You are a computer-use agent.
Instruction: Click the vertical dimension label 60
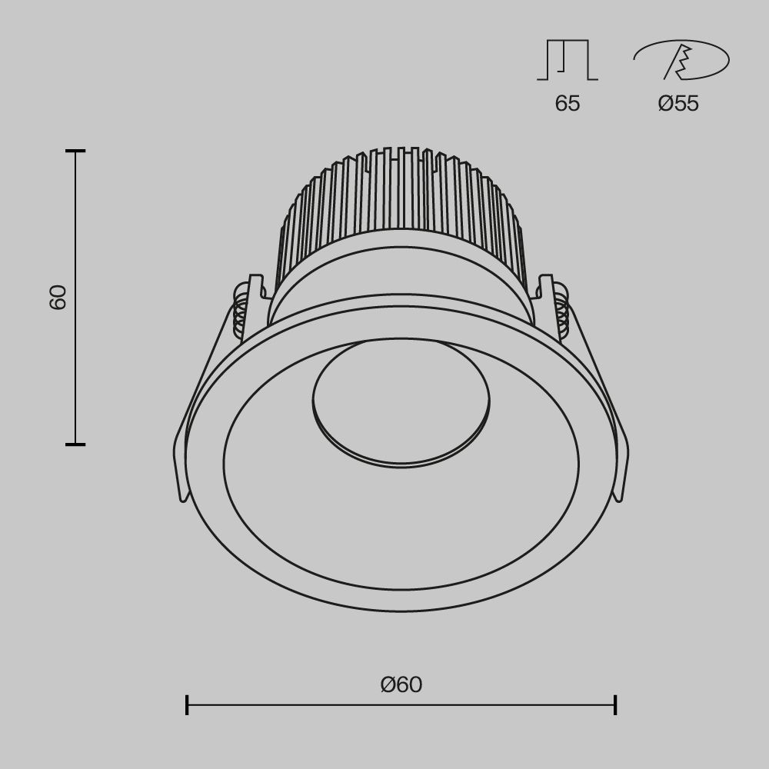pyautogui.click(x=58, y=297)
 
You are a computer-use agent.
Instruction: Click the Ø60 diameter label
pyautogui.click(x=401, y=684)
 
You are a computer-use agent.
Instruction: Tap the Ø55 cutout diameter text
pyautogui.click(x=678, y=104)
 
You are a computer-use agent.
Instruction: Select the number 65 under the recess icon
pyautogui.click(x=568, y=104)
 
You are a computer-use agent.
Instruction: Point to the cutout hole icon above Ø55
pyautogui.click(x=681, y=60)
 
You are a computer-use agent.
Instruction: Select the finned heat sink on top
pyautogui.click(x=400, y=200)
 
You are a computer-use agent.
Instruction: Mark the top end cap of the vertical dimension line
pyautogui.click(x=75, y=151)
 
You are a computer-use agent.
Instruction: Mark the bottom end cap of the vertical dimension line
pyautogui.click(x=75, y=444)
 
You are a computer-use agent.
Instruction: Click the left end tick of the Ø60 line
pyautogui.click(x=187, y=704)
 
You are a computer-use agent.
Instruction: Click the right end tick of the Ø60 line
pyautogui.click(x=615, y=704)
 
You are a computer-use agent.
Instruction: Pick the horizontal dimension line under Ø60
pyautogui.click(x=400, y=704)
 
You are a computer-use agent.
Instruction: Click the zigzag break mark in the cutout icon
pyautogui.click(x=679, y=62)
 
